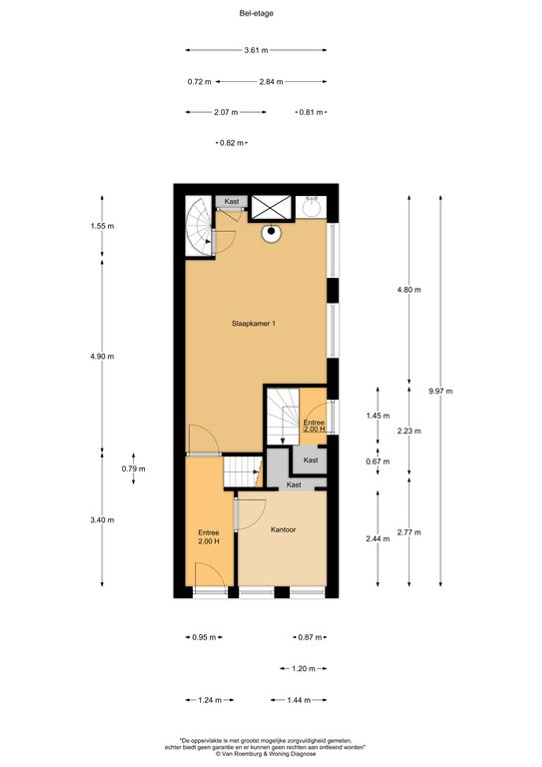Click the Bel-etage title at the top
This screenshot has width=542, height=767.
[x=256, y=14]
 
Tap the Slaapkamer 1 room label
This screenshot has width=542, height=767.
[x=253, y=323]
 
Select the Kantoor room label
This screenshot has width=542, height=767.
[x=283, y=530]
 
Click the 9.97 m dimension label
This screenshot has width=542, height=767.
[x=440, y=391]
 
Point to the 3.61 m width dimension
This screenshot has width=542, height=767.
[x=256, y=50]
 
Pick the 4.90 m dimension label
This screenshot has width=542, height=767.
[x=102, y=356]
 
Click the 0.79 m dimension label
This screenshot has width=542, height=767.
[x=133, y=469]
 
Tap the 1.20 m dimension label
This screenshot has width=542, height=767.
[x=303, y=669]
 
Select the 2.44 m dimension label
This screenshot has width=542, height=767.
[x=378, y=539]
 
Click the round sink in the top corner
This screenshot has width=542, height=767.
[x=312, y=206]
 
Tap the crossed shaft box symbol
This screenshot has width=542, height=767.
[x=271, y=206]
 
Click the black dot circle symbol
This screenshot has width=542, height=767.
[x=271, y=231]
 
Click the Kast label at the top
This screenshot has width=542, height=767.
[x=231, y=201]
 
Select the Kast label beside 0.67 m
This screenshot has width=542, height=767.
[x=311, y=460]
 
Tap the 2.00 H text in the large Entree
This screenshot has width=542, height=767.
[x=208, y=541]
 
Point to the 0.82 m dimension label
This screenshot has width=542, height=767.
[x=232, y=143]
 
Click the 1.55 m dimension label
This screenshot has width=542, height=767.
[x=102, y=226]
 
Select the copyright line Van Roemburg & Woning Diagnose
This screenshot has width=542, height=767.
[x=265, y=754]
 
